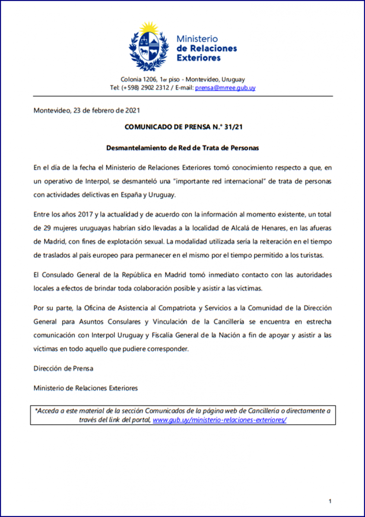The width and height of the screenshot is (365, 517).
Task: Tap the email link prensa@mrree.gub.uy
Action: tap(225, 88)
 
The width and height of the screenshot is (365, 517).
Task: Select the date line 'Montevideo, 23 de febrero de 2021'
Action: tap(86, 110)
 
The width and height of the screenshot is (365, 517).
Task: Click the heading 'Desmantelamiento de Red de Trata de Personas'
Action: tap(182, 148)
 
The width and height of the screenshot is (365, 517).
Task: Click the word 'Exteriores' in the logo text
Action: tap(199, 58)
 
